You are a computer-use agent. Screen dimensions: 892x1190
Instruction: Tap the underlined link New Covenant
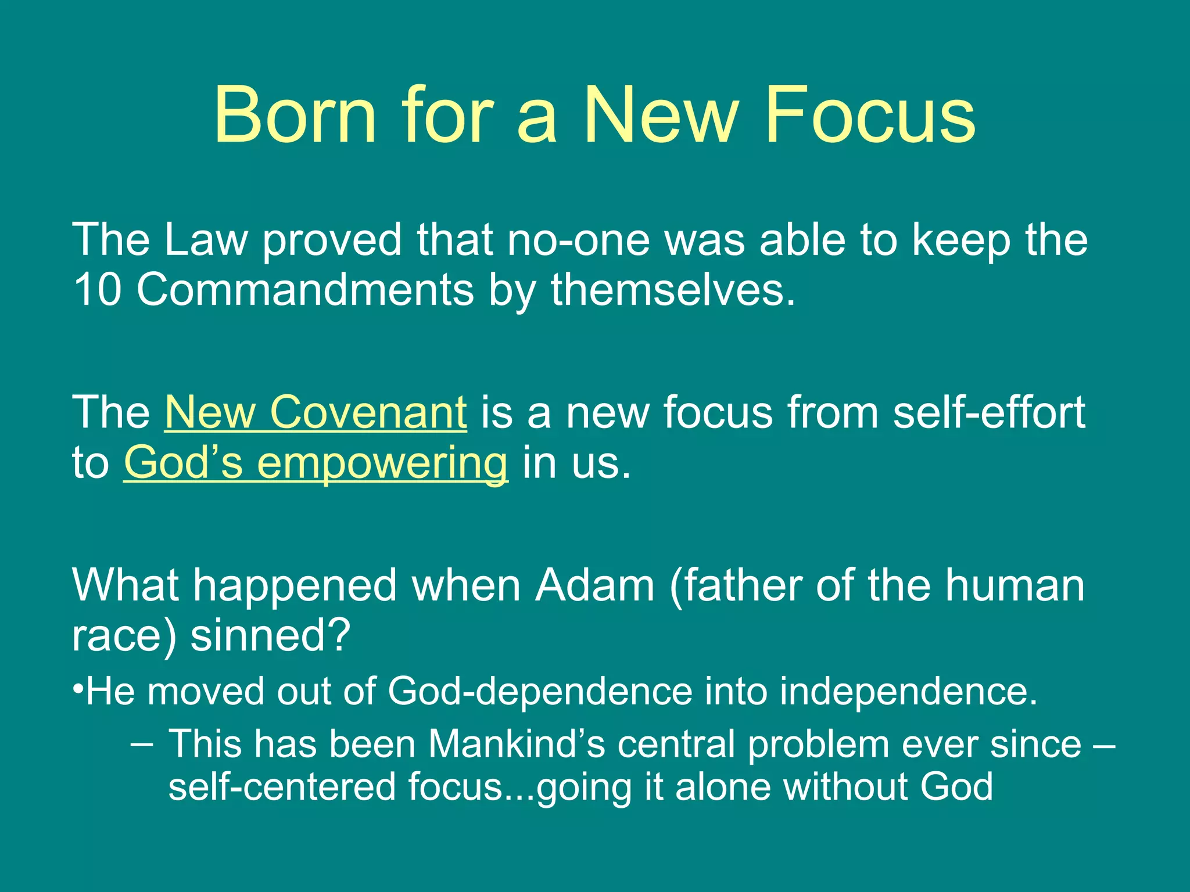point(316,412)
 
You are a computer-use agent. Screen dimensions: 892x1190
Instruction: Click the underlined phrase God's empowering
point(316,463)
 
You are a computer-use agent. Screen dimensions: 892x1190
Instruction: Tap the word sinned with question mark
point(270,635)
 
